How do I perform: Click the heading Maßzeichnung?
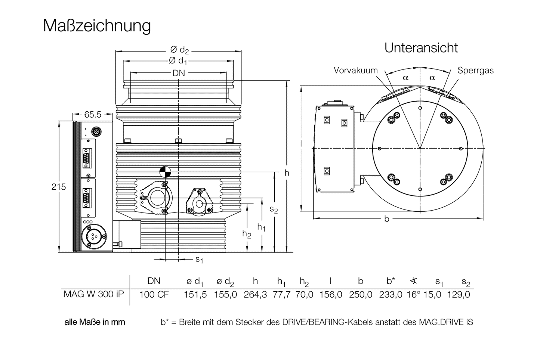pos(97,26)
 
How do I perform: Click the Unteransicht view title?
pos(421,48)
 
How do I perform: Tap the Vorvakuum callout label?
pos(355,70)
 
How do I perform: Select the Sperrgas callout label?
pos(475,70)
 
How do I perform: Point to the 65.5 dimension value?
pos(93,114)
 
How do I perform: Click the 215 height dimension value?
pos(58,187)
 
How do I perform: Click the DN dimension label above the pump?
pos(179,73)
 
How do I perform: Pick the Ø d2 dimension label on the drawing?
pos(179,50)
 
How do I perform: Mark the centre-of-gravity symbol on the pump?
pos(165,171)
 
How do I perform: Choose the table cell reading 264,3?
pos(255,294)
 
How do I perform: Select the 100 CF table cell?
pos(154,294)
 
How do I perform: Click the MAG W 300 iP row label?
pos(93,294)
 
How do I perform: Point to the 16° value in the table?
pos(413,294)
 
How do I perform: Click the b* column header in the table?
pos(391,281)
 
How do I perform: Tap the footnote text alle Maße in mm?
pos(95,322)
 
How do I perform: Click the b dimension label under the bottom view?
pos(386,219)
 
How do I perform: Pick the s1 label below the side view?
pos(199,259)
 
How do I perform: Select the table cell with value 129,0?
pos(459,294)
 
